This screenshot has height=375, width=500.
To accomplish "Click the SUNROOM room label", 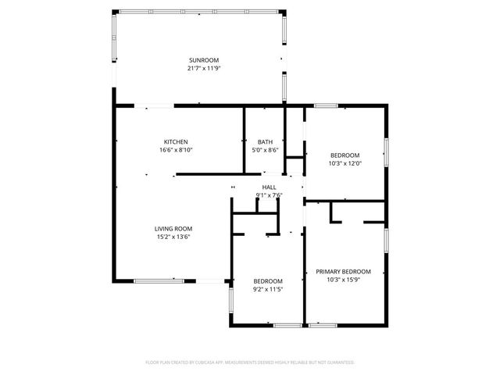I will [x=203, y=60].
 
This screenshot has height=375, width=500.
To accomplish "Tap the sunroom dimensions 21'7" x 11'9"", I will [x=203, y=69].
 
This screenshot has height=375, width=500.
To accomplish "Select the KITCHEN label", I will [x=175, y=141].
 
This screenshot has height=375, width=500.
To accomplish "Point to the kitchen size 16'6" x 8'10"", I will [x=175, y=150].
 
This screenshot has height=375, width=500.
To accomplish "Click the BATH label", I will [x=266, y=141].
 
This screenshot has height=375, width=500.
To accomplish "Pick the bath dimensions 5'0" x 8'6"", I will [x=266, y=150].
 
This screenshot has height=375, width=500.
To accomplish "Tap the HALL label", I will [x=269, y=187].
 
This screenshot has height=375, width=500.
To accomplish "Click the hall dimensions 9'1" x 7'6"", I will [x=269, y=195].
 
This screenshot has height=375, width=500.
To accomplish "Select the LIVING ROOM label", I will [x=173, y=228].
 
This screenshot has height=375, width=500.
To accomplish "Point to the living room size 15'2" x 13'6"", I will [x=173, y=237].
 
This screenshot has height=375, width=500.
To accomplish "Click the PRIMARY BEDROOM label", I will [x=343, y=271].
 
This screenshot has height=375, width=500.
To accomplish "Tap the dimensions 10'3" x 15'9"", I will [x=343, y=280].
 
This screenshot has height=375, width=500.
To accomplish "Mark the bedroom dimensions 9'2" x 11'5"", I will [x=268, y=289].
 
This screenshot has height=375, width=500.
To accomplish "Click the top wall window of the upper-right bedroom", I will [x=326, y=105].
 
